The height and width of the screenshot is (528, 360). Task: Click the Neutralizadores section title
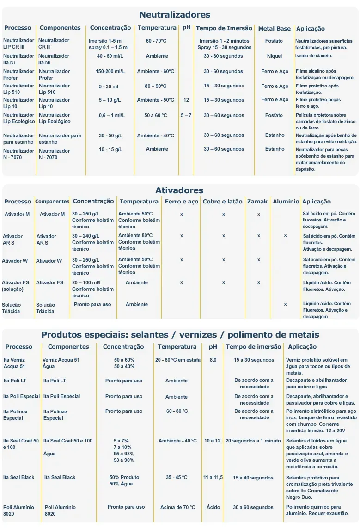point(175,15)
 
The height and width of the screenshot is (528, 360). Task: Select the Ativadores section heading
point(179,190)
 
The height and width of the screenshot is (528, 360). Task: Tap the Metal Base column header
point(274,29)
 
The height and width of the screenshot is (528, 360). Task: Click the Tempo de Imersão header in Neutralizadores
point(224,28)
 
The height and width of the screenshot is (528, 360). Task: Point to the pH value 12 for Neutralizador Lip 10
point(186,100)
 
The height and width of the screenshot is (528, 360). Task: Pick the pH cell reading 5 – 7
point(186,115)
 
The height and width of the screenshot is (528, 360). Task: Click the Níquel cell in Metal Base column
point(274,56)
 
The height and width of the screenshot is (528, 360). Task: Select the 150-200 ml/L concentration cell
point(110,72)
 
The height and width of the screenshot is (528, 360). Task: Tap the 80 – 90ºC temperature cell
point(156,86)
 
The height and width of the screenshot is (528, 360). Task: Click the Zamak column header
point(257,202)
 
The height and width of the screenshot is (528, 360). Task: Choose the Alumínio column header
point(286,202)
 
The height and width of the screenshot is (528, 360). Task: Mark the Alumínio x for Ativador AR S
point(285,235)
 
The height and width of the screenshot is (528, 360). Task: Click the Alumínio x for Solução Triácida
point(285,304)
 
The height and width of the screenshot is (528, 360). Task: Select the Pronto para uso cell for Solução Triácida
point(92,304)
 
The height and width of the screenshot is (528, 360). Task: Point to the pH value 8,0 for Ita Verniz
point(213,360)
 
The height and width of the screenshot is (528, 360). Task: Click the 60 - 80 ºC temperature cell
point(177,411)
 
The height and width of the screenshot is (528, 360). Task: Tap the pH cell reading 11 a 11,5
point(213,477)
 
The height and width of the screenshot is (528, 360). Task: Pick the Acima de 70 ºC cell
point(178,507)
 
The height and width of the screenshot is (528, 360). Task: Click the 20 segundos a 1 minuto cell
point(253,441)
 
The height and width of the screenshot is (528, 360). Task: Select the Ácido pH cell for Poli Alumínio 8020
point(214,507)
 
